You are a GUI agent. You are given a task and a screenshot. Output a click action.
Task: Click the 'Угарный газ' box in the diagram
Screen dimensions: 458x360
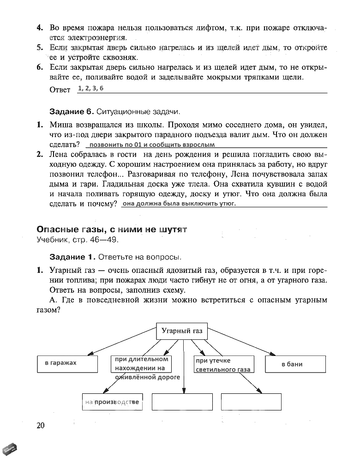click(182, 331)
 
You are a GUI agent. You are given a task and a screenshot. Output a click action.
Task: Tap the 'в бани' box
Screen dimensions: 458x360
click(292, 364)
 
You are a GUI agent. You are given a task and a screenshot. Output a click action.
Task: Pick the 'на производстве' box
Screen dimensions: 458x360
click(112, 402)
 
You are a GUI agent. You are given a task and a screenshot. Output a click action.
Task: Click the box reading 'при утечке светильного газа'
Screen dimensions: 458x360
click(223, 365)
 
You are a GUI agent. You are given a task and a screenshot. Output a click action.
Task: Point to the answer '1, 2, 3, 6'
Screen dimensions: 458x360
click(91, 89)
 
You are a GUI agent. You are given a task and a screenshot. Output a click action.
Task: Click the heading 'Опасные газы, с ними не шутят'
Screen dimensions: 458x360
click(111, 229)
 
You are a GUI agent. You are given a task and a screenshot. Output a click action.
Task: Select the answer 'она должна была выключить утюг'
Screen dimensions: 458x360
click(179, 204)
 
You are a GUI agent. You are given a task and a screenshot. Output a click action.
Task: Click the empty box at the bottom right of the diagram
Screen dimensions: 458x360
click(251, 401)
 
